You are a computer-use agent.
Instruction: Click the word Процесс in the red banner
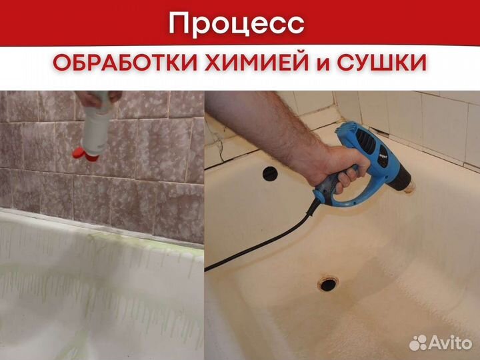[x=237, y=24]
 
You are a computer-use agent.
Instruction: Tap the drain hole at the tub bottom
[x=327, y=284]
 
